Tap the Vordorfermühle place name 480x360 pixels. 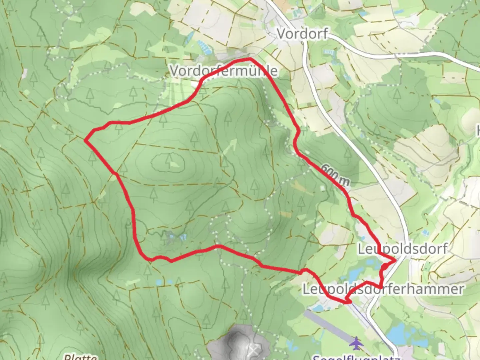[223, 71]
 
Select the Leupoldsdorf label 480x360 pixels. [402, 249]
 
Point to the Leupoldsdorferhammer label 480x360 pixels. [383, 289]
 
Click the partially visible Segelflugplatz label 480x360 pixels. [355, 357]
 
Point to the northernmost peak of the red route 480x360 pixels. [248, 59]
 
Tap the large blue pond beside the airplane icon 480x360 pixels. [400, 333]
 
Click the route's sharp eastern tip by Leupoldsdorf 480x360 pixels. [395, 259]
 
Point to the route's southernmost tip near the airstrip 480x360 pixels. [348, 302]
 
